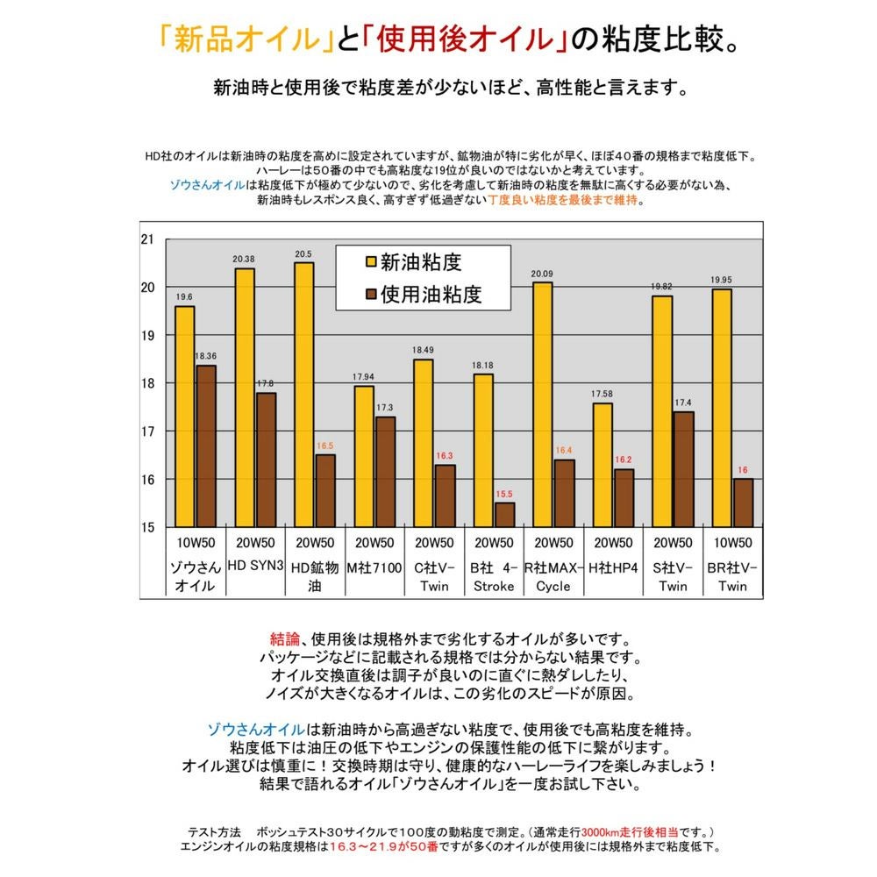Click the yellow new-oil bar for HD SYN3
[245, 397]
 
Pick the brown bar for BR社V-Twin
[743, 503]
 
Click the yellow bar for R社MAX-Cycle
[542, 404]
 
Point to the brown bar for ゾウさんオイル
[205, 446]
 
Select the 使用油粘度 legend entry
[421, 294]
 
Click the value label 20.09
[542, 274]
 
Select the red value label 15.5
[505, 494]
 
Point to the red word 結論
[285, 638]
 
